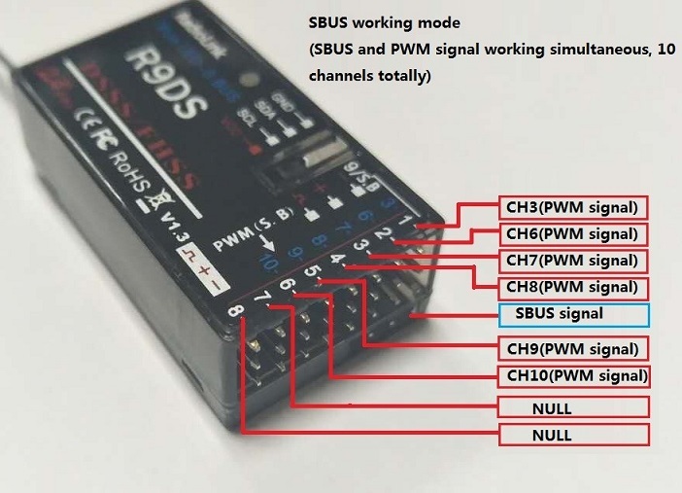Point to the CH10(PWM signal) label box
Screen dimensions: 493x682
574,375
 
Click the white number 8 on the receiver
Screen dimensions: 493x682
234,313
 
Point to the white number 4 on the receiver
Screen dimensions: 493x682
337,259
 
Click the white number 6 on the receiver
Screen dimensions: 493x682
287,285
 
